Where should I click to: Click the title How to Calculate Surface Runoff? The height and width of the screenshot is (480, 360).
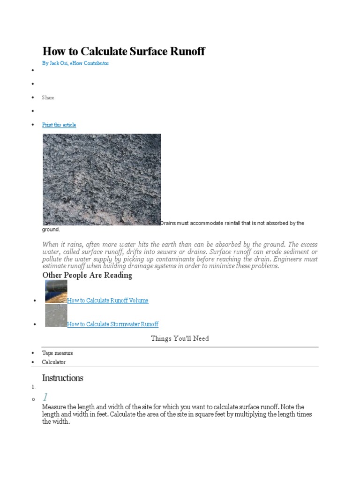123,51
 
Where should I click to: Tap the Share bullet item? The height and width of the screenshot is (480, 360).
48,97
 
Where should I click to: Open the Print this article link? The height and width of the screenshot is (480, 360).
59,125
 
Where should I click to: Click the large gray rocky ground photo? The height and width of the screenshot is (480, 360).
102,180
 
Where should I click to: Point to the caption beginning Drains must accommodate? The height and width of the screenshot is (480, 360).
232,223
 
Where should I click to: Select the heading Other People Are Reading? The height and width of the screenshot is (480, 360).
87,275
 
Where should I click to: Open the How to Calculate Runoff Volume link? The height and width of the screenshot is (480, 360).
108,300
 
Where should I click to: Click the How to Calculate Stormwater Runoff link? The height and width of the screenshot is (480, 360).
112,324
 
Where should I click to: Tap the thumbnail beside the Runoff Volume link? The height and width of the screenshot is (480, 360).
56,292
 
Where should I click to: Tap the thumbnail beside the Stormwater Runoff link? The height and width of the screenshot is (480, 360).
56,315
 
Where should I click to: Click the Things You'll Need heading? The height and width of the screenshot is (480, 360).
180,338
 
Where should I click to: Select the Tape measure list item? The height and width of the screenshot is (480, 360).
57,353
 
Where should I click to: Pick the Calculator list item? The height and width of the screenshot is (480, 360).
54,362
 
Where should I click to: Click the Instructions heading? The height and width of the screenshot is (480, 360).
62,378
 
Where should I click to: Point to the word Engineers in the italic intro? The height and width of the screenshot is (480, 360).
290,259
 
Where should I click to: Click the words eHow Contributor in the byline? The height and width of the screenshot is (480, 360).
90,63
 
